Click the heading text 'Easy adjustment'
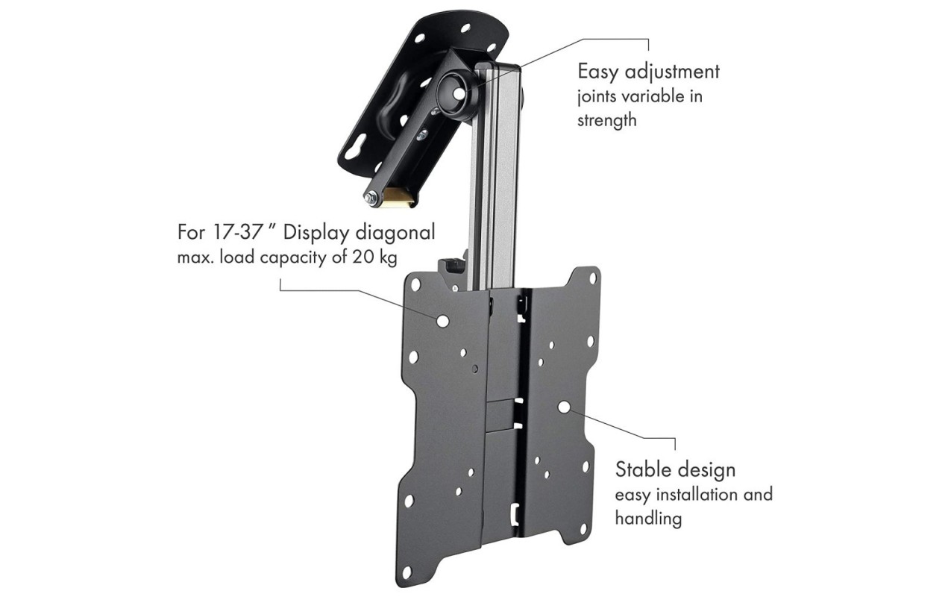pos(648,72)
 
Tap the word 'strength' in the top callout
pos(606,120)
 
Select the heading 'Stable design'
pos(675,469)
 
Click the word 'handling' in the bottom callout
pos(648,519)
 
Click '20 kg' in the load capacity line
pos(374,257)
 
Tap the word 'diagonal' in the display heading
pos(395,233)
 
